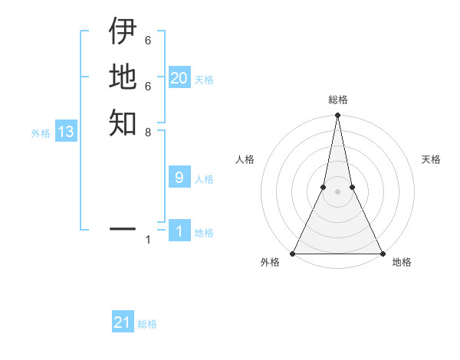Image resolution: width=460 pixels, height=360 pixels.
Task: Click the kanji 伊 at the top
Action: (123, 31)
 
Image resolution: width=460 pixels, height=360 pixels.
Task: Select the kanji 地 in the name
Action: (123, 77)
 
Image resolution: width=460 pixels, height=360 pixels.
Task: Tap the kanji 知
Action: (123, 123)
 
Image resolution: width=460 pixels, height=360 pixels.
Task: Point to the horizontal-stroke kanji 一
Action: (123, 228)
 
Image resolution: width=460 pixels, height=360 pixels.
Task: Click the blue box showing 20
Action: (179, 77)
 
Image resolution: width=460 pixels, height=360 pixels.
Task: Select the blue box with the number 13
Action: (66, 132)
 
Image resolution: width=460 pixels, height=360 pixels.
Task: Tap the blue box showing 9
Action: (179, 178)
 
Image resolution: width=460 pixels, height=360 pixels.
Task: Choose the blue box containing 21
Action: (123, 322)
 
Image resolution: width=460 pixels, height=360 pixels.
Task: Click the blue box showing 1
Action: (179, 231)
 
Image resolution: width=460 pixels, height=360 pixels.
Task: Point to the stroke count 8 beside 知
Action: (148, 132)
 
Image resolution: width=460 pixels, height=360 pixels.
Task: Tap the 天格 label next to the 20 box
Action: (204, 80)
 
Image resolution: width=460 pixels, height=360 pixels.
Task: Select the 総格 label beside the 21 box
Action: (147, 324)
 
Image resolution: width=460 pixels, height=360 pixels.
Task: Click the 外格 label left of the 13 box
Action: (41, 133)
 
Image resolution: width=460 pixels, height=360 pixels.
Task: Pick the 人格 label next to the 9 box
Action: (204, 180)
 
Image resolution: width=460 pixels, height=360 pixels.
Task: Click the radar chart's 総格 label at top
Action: (337, 100)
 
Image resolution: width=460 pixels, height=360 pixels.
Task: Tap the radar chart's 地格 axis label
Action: (402, 263)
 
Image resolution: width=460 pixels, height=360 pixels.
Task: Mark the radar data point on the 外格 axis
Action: (294, 254)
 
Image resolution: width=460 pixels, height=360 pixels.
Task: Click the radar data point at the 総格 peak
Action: (337, 116)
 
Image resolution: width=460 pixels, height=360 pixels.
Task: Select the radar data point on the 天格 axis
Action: (352, 187)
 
